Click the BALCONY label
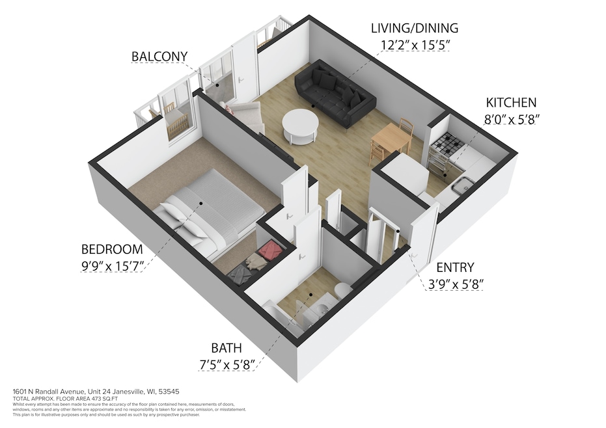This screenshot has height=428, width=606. (158, 57)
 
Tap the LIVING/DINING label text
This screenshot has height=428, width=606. (414, 28)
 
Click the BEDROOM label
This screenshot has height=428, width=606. (111, 249)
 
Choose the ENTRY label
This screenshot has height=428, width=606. (455, 267)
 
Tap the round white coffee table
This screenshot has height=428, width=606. (300, 126)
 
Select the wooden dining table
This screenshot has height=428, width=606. (391, 138)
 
